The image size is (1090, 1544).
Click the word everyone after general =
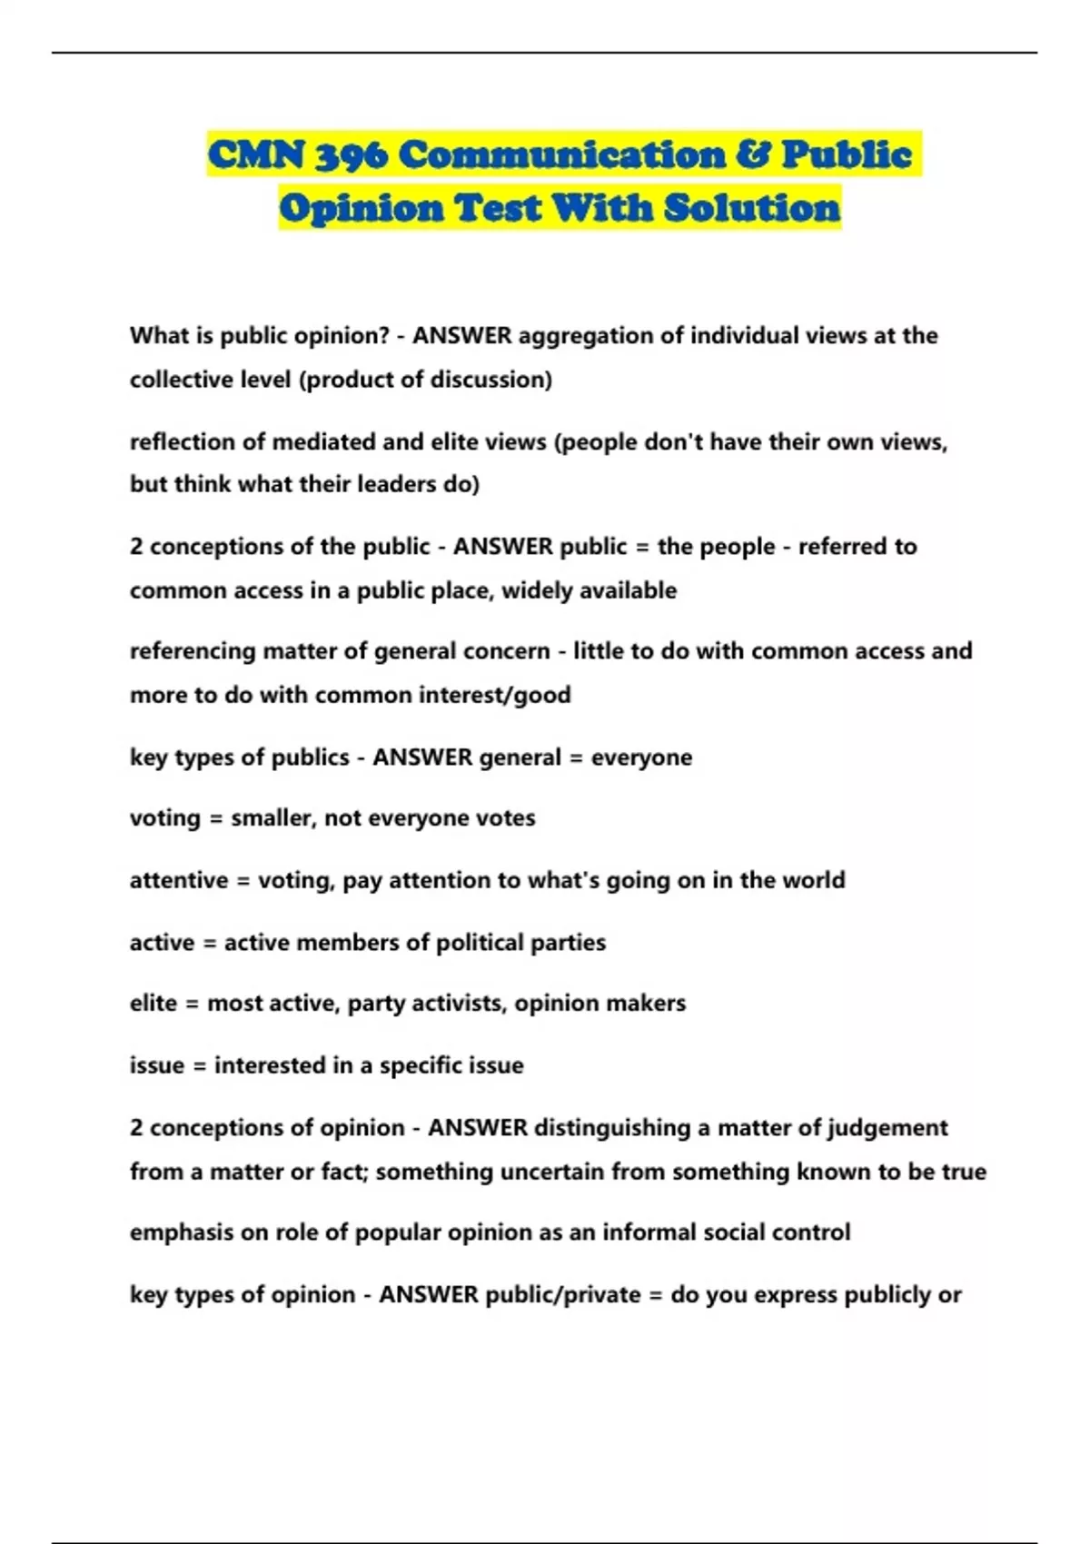coord(641,757)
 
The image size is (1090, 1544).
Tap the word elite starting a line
coord(153,1004)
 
